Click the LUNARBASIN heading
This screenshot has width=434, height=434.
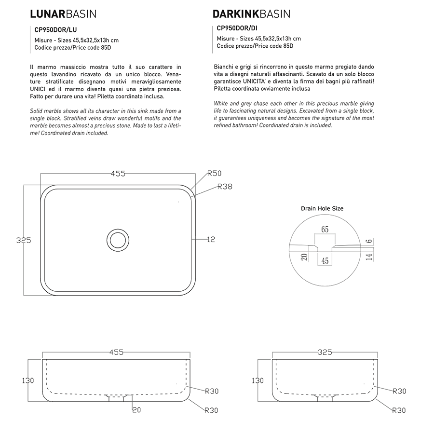63,14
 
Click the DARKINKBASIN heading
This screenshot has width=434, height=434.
251,14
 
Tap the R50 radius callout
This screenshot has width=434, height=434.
214,174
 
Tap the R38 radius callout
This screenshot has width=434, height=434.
225,187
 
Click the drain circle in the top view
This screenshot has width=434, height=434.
117,239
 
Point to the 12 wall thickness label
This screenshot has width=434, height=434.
211,239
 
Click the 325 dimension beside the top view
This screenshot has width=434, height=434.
24,240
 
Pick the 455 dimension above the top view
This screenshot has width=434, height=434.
118,174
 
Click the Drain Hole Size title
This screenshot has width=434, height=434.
322,209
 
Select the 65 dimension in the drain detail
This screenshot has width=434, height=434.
325,230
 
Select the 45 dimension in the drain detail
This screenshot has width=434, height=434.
325,261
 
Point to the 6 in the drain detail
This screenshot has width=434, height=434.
368,241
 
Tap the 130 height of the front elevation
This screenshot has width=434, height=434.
27,380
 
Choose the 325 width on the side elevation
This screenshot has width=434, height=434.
325,353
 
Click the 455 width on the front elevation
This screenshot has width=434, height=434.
116,353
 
